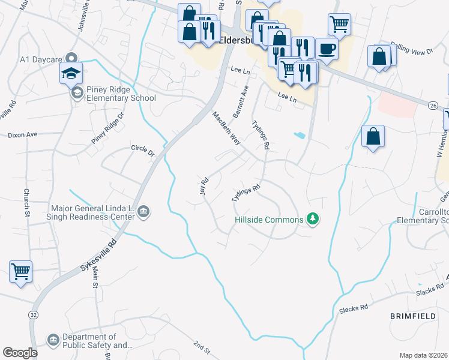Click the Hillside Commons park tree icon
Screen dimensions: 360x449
tap(312, 219)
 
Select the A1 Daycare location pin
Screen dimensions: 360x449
tap(72, 59)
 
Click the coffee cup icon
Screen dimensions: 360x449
tap(327, 49)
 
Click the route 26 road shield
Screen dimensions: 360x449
tap(432, 105)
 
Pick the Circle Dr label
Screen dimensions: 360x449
tap(143, 150)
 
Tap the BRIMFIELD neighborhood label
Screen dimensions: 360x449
tap(411, 315)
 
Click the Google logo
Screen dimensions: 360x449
tap(20, 353)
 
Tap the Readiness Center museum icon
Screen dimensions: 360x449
tap(144, 211)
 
